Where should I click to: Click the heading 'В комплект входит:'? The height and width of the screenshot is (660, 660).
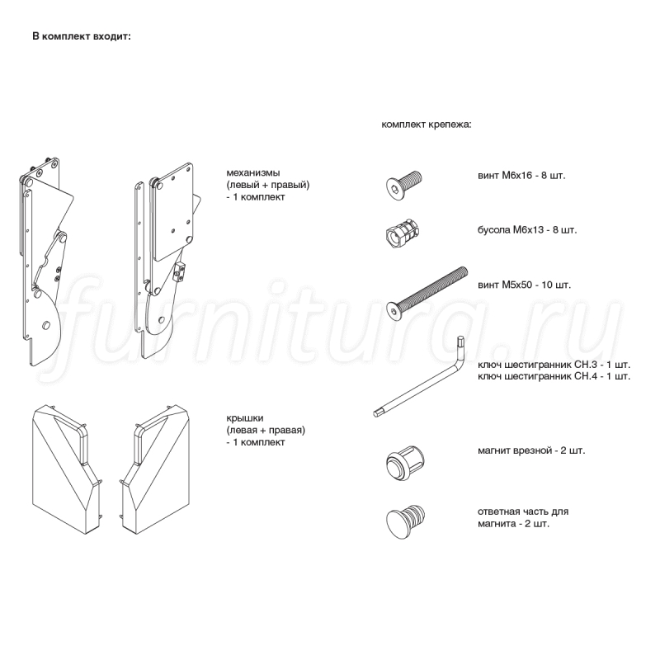point(82,36)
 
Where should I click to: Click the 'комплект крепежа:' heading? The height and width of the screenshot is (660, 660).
point(427,125)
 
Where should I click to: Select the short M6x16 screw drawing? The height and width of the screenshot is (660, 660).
point(404,185)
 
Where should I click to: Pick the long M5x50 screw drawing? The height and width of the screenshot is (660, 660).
point(427,295)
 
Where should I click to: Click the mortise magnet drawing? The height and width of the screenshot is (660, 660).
point(405,463)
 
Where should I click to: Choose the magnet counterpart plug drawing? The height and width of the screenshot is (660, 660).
point(405,522)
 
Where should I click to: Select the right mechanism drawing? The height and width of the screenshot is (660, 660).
point(167,260)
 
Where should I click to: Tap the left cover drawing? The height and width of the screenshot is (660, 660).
point(67,469)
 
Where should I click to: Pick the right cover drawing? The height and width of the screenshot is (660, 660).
point(154,469)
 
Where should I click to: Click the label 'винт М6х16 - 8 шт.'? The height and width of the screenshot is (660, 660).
point(521,176)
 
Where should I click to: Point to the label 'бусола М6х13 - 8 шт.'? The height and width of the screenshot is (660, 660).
point(527,230)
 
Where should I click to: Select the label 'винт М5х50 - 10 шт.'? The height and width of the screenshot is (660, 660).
point(524,285)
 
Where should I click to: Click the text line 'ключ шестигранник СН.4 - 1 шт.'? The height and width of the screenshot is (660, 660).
point(554,376)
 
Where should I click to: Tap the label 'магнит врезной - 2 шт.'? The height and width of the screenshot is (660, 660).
point(531,450)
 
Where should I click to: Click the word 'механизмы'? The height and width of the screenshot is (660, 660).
point(253,172)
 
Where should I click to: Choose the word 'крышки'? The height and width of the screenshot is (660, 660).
point(245,418)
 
